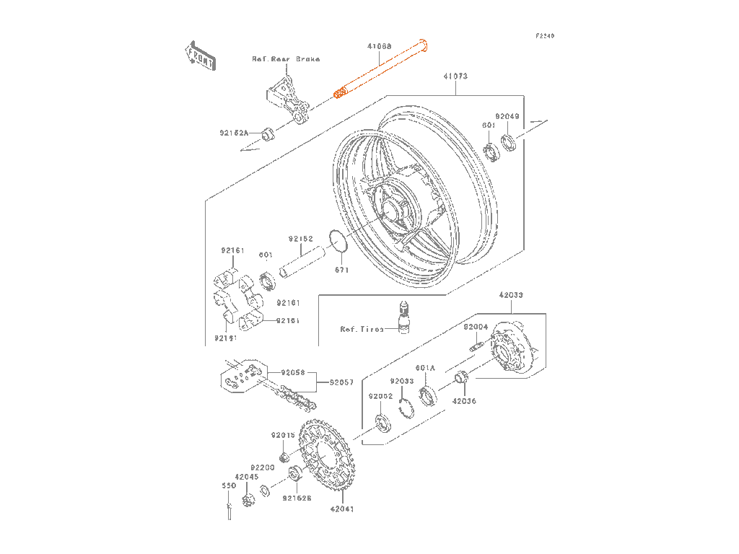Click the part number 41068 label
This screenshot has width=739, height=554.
point(379,46)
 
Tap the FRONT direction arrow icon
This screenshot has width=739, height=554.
point(200,56)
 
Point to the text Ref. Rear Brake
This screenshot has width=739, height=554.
point(286,59)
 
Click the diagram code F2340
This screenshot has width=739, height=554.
point(545,35)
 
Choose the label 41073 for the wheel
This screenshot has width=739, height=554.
point(455,75)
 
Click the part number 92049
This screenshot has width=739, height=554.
point(507,115)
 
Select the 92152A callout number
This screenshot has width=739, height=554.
point(234,133)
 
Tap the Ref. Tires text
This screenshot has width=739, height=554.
point(362,329)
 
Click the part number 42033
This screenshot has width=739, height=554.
point(511,295)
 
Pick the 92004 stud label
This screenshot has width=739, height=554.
point(476,327)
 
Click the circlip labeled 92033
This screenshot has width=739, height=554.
point(406,409)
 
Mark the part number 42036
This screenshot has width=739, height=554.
point(465,401)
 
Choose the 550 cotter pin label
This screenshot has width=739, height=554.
point(228,486)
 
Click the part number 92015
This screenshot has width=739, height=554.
point(283,435)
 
